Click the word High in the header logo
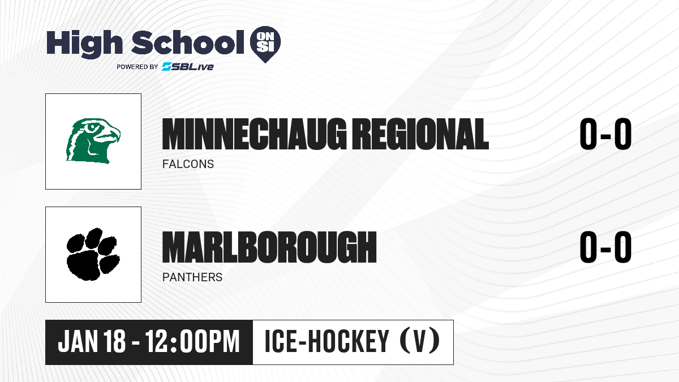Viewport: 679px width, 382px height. pyautogui.click(x=84, y=44)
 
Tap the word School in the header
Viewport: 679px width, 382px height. pyautogui.click(x=188, y=42)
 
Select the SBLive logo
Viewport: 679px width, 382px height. pyautogui.click(x=188, y=66)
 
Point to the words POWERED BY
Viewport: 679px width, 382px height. pyautogui.click(x=137, y=67)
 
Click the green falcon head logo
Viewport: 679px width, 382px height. pyautogui.click(x=93, y=141)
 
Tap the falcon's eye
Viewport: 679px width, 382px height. pyautogui.click(x=92, y=128)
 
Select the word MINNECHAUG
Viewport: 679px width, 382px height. pyautogui.click(x=254, y=134)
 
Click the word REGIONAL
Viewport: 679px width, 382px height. pyautogui.click(x=422, y=134)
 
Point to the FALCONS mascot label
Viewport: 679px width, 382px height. pyautogui.click(x=188, y=164)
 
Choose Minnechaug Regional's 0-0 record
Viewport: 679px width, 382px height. pyautogui.click(x=605, y=134)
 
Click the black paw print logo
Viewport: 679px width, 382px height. pyautogui.click(x=93, y=254)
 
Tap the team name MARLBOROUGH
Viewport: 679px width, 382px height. pyautogui.click(x=269, y=247)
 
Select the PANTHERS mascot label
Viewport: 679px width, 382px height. pyautogui.click(x=192, y=277)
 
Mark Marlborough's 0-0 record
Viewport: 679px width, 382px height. pyautogui.click(x=605, y=247)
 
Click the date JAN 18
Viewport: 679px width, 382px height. pyautogui.click(x=92, y=341)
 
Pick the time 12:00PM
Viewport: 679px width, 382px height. pyautogui.click(x=193, y=341)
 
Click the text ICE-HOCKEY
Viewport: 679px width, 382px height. pyautogui.click(x=327, y=341)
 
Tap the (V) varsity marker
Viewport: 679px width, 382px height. pyautogui.click(x=420, y=341)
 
